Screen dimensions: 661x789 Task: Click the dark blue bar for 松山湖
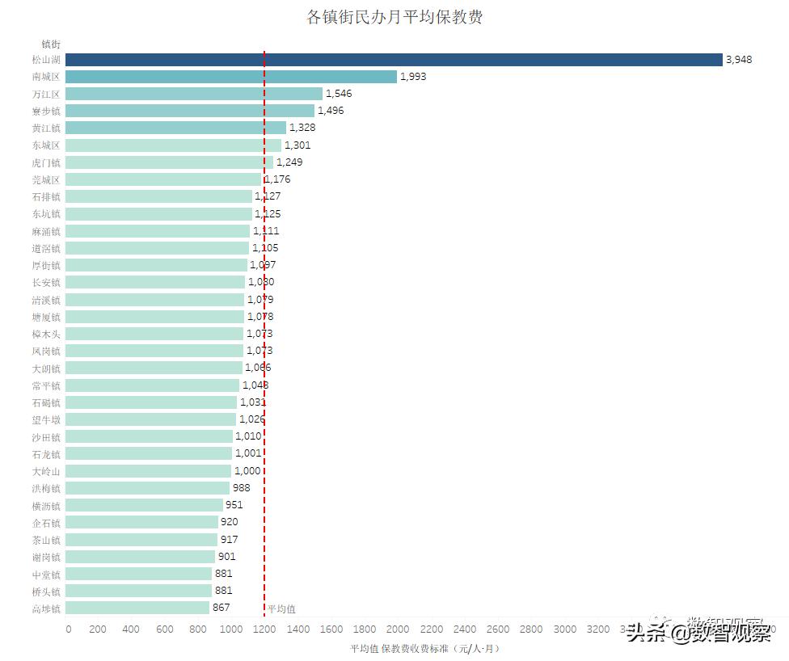(x=393, y=60)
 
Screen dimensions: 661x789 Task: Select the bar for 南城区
(x=230, y=77)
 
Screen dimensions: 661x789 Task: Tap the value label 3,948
(x=739, y=60)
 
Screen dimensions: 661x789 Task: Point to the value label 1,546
(x=339, y=94)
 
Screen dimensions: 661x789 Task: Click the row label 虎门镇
(x=46, y=162)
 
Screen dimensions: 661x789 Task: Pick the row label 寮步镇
(x=46, y=111)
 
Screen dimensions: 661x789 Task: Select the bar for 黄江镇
(x=175, y=128)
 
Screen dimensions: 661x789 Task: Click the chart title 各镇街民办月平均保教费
(x=394, y=17)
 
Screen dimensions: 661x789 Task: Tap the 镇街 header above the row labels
(x=50, y=44)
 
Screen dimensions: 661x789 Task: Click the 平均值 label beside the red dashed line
(x=281, y=609)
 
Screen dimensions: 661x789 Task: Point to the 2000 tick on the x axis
(x=398, y=629)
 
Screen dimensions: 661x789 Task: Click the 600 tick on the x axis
(x=165, y=629)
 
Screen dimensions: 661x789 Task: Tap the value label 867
(x=221, y=608)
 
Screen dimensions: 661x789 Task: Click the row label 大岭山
(x=46, y=471)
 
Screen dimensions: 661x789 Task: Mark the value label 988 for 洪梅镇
(x=241, y=488)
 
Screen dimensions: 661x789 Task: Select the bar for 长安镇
(x=154, y=282)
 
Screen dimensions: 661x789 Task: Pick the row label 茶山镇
(x=46, y=540)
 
